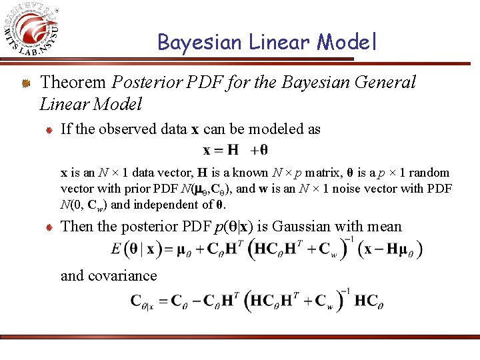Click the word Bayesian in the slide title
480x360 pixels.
pyautogui.click(x=199, y=42)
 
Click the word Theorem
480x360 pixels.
pyautogui.click(x=73, y=83)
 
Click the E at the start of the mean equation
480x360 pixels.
pyautogui.click(x=117, y=250)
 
